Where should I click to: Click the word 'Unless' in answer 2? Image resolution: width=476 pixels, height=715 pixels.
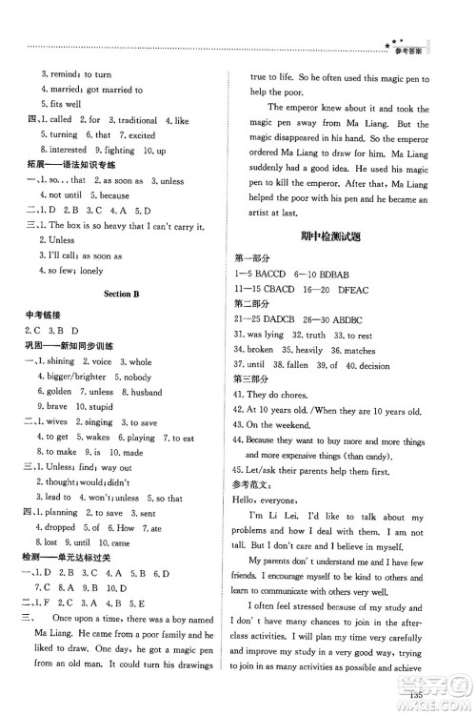coord(60,240)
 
